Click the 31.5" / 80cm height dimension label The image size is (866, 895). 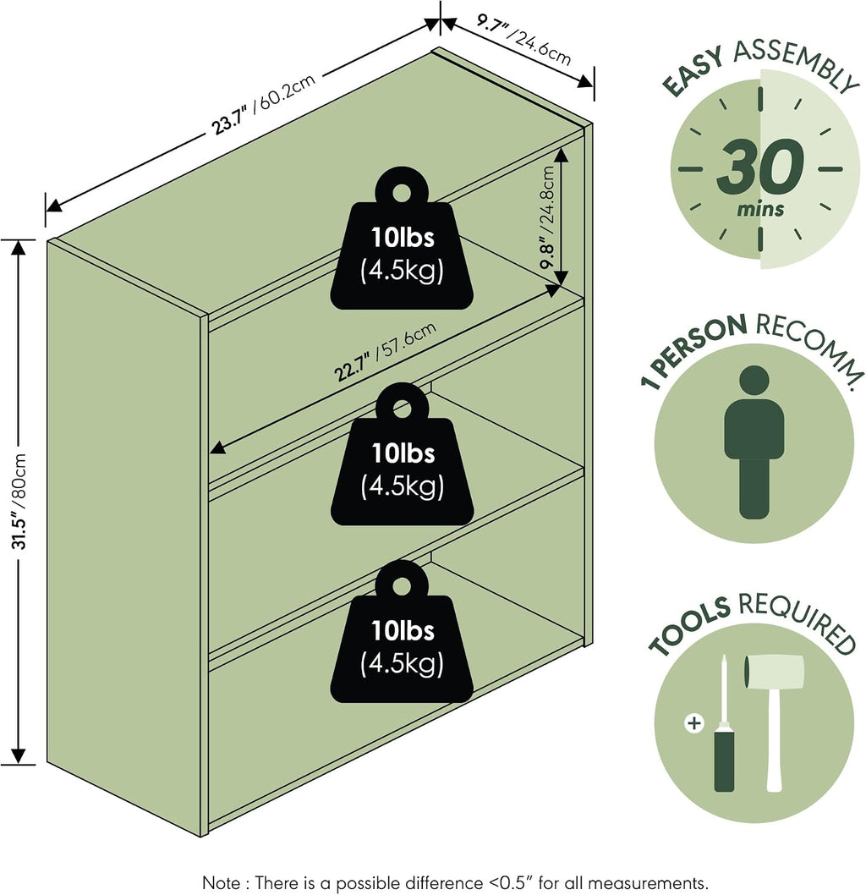pos(19,501)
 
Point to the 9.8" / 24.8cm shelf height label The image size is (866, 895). pos(547,217)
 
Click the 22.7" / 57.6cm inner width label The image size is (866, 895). pos(385,351)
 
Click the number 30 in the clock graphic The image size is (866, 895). pos(760,166)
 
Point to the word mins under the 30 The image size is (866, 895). pos(760,209)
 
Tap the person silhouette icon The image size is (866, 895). pos(754,442)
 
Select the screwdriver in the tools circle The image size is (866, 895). pos(724,724)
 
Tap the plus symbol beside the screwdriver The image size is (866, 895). pos(694,724)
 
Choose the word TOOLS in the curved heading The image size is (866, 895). pos(689,625)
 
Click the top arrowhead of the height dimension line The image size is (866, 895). pos(19,247)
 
